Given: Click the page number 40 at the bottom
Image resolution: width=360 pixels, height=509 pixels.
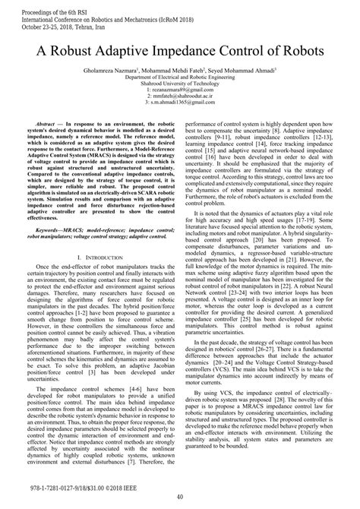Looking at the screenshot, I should (x=180, y=498).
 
